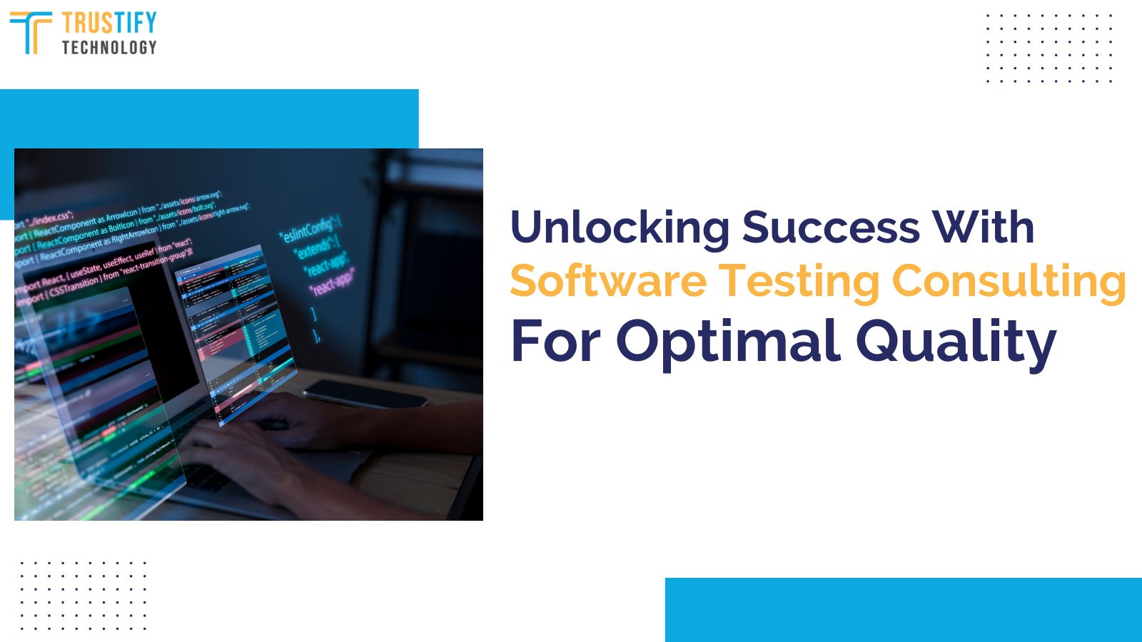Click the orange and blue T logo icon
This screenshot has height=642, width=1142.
[30, 32]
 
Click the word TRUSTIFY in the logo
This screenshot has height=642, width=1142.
[108, 23]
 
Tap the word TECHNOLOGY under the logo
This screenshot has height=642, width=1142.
[108, 47]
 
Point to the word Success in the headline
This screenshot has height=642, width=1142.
[830, 228]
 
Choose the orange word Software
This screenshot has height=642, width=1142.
[608, 281]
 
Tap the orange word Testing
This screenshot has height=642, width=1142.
[799, 281]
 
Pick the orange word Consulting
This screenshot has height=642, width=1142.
[1009, 281]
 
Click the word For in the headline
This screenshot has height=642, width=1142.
[556, 341]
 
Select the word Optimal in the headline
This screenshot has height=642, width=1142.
[727, 341]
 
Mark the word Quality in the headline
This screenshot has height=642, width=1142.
[955, 341]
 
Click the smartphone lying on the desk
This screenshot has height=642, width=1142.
[364, 392]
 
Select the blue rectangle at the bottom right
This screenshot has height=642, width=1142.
[903, 610]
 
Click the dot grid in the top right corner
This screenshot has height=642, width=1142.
[1049, 48]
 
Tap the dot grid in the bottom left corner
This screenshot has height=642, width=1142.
[83, 596]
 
